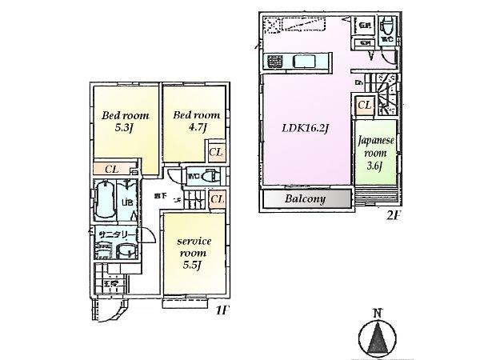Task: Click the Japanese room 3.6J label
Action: click(375, 151)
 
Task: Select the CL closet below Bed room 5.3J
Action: click(112, 169)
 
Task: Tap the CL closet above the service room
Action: click(216, 199)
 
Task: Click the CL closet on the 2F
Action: click(364, 105)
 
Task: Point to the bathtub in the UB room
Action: click(104, 200)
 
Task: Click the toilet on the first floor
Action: click(210, 178)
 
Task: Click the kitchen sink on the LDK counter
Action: click(305, 62)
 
